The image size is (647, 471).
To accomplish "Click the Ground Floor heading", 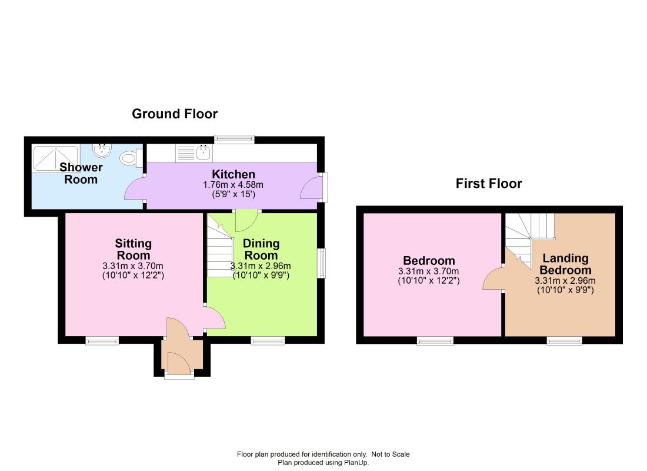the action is click(x=175, y=114).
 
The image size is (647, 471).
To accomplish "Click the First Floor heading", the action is click(x=489, y=184).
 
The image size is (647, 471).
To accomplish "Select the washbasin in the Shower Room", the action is click(x=102, y=150).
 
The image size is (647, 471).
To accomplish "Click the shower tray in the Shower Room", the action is click(x=55, y=158).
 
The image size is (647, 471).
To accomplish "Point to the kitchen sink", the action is click(x=204, y=153).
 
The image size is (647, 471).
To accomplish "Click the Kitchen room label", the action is click(x=233, y=174).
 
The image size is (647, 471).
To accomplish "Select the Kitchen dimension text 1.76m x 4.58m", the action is click(x=233, y=185).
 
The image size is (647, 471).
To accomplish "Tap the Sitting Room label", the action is click(x=134, y=249).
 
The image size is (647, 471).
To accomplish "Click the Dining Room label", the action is click(x=261, y=249).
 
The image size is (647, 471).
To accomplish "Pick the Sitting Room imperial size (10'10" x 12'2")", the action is click(x=134, y=275).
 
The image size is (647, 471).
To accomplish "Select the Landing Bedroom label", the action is click(x=565, y=264).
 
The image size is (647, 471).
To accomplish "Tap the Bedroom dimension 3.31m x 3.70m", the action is click(x=429, y=271).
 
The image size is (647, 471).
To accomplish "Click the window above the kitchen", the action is click(x=234, y=139).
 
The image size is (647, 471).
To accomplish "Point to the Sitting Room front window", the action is click(x=102, y=341).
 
